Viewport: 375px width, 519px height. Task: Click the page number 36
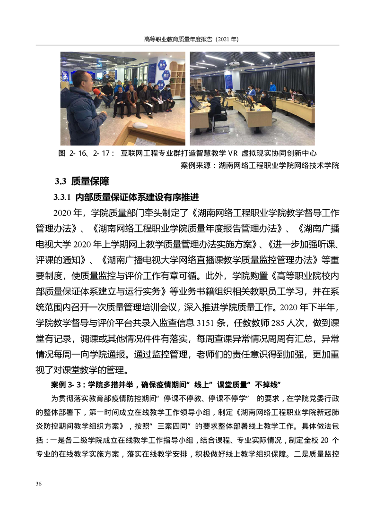click(39, 484)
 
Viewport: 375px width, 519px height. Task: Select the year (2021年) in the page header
click(227, 40)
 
